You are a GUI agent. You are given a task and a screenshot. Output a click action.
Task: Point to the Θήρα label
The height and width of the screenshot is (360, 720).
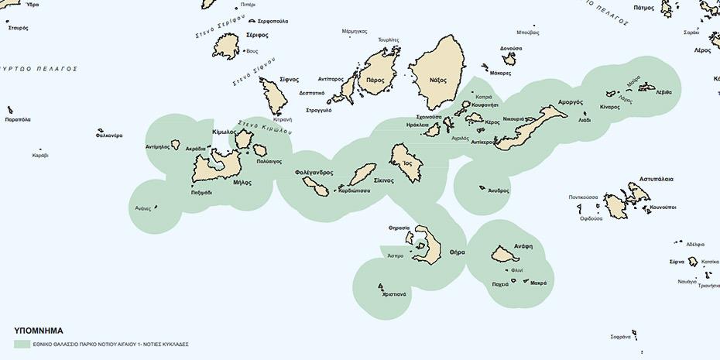(457, 252)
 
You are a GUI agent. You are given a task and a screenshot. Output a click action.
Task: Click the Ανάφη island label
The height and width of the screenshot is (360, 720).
(523, 245)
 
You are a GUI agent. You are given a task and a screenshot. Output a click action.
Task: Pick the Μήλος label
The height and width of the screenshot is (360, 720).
(242, 183)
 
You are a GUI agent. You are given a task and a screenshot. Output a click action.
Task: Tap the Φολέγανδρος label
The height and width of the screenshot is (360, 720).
(314, 172)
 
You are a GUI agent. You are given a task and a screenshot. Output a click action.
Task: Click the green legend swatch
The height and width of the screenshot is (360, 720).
(22, 344)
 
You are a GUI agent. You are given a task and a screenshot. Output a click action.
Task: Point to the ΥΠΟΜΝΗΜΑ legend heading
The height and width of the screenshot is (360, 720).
(38, 329)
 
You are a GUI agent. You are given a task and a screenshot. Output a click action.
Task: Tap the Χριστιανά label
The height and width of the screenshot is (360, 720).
(394, 294)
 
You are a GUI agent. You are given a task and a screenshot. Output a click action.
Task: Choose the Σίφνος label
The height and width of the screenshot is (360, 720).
(289, 80)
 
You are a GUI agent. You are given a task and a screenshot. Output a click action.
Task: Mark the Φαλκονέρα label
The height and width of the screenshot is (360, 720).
(109, 135)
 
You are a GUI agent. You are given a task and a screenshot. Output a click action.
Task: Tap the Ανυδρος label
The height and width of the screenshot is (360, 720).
(499, 190)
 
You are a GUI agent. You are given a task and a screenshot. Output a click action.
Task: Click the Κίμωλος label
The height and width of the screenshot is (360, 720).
(225, 132)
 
